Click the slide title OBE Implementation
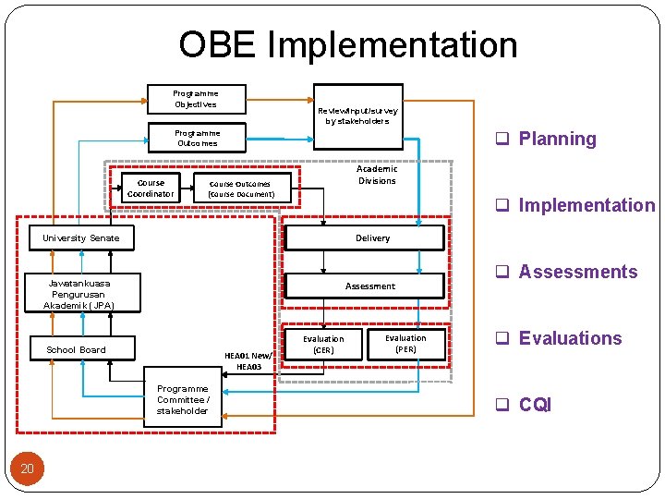click(x=348, y=44)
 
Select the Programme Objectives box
click(x=196, y=99)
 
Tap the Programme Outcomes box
click(x=198, y=138)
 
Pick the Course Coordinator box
click(x=150, y=189)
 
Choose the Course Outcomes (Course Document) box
click(x=241, y=189)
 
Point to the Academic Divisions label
click(x=377, y=175)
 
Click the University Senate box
click(x=81, y=238)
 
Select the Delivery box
click(x=373, y=238)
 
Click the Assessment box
click(x=370, y=286)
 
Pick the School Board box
click(x=77, y=349)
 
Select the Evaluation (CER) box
click(x=323, y=345)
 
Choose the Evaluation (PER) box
click(x=405, y=344)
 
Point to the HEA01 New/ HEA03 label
click(x=249, y=361)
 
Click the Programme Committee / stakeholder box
click(x=183, y=400)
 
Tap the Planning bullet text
click(x=557, y=139)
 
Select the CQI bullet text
click(x=535, y=405)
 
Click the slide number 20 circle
click(x=28, y=469)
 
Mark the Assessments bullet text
click(x=577, y=272)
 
